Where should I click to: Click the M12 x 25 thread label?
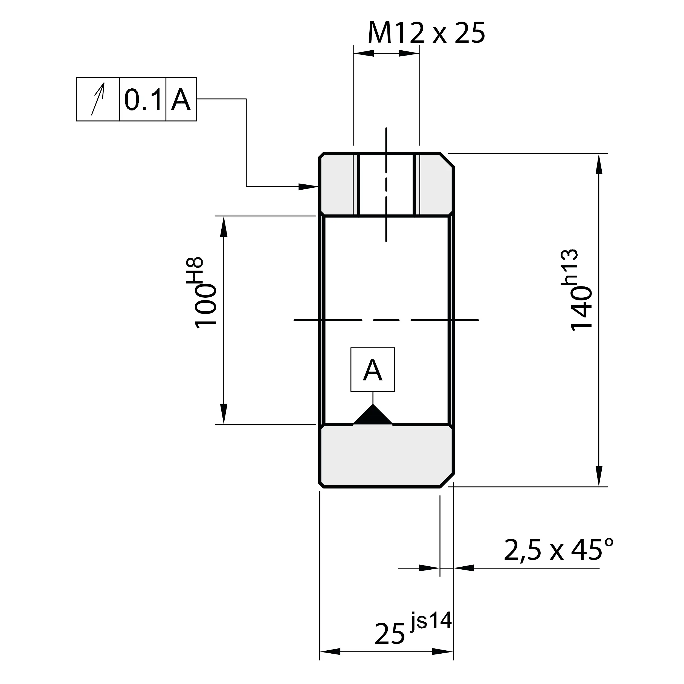[426, 33]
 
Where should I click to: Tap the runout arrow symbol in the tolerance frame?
[98, 99]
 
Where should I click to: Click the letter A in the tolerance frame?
[181, 100]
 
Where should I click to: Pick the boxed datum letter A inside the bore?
[372, 370]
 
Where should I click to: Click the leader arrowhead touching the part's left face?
[308, 187]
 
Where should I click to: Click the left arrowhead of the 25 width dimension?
[330, 651]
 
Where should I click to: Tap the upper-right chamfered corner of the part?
[447, 160]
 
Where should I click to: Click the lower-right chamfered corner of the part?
[447, 480]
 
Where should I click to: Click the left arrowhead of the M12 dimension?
[364, 53]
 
